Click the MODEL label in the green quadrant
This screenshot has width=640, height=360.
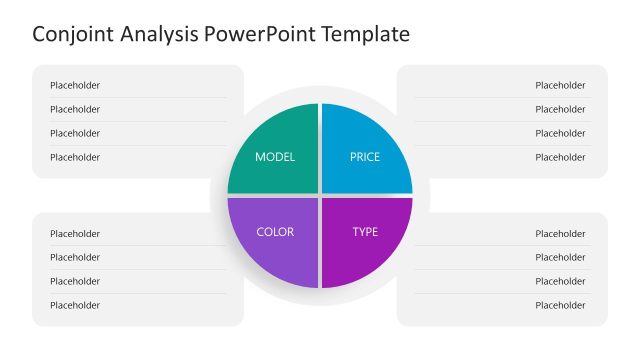click(x=275, y=157)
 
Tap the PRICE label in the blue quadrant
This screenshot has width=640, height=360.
click(x=365, y=157)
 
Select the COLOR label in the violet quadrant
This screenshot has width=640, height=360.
click(x=275, y=232)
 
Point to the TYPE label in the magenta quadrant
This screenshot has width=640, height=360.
click(x=365, y=232)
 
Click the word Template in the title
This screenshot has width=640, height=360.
click(x=365, y=34)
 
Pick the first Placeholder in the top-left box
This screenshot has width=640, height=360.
click(x=75, y=85)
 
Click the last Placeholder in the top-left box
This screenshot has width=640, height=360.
click(x=75, y=157)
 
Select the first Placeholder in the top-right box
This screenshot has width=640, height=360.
click(x=560, y=85)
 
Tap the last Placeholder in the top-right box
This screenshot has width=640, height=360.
click(x=560, y=157)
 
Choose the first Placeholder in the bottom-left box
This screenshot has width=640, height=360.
click(x=75, y=233)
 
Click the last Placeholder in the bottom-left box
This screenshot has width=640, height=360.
click(x=75, y=305)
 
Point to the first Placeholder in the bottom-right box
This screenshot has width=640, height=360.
click(x=560, y=233)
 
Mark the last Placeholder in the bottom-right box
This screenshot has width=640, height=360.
click(x=560, y=305)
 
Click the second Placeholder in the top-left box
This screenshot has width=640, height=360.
click(x=75, y=109)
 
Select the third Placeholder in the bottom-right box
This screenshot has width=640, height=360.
click(x=560, y=281)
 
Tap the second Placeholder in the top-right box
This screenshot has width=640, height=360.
click(x=560, y=109)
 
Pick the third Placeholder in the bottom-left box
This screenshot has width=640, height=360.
click(x=75, y=281)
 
